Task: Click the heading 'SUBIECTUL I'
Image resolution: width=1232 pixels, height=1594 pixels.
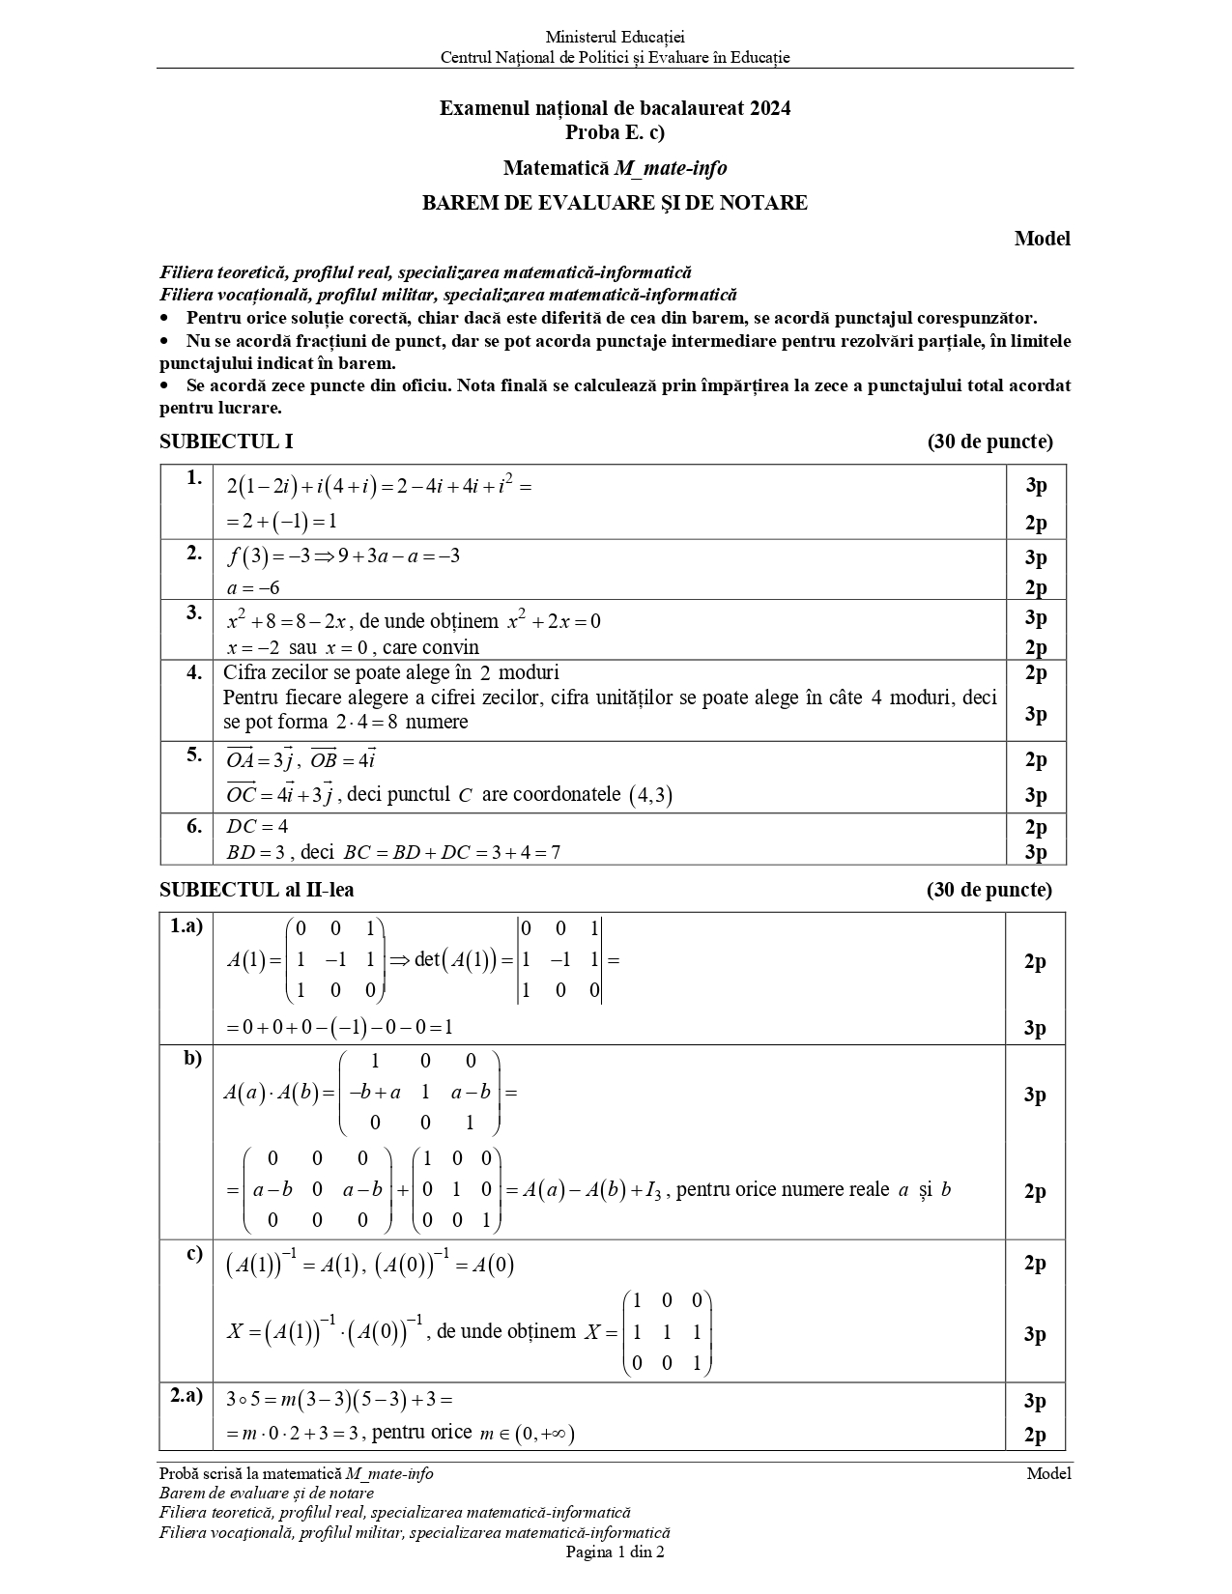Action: click(x=226, y=441)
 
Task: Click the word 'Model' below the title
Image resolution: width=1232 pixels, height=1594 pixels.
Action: click(x=1042, y=239)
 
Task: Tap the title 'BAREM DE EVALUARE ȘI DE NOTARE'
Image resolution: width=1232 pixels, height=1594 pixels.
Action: click(x=615, y=203)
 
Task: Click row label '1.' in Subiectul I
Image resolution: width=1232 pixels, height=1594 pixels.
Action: click(x=195, y=477)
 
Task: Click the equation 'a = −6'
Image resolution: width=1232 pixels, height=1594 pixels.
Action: click(x=253, y=587)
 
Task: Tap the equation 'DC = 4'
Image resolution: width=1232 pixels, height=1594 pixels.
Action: click(x=257, y=826)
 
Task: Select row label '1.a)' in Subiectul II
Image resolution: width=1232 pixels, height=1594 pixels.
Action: click(x=186, y=926)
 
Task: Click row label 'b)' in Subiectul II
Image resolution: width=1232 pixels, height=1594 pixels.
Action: click(x=193, y=1058)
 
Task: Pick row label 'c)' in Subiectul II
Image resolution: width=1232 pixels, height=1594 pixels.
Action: click(x=194, y=1254)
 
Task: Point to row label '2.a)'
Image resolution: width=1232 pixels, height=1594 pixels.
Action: click(x=186, y=1396)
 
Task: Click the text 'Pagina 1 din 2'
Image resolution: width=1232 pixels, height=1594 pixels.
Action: click(x=615, y=1552)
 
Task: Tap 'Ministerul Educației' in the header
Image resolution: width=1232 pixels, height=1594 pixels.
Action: click(x=615, y=38)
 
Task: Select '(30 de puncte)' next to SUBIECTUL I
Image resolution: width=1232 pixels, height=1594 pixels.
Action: click(x=989, y=441)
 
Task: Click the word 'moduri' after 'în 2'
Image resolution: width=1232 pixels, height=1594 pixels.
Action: click(x=530, y=672)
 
